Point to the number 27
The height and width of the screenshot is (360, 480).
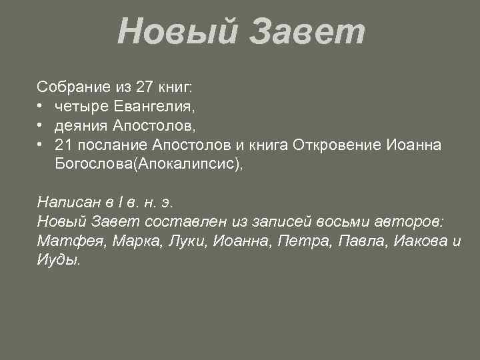[143, 86]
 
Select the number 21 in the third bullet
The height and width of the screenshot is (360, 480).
[64, 145]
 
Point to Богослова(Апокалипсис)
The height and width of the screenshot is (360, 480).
[149, 165]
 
